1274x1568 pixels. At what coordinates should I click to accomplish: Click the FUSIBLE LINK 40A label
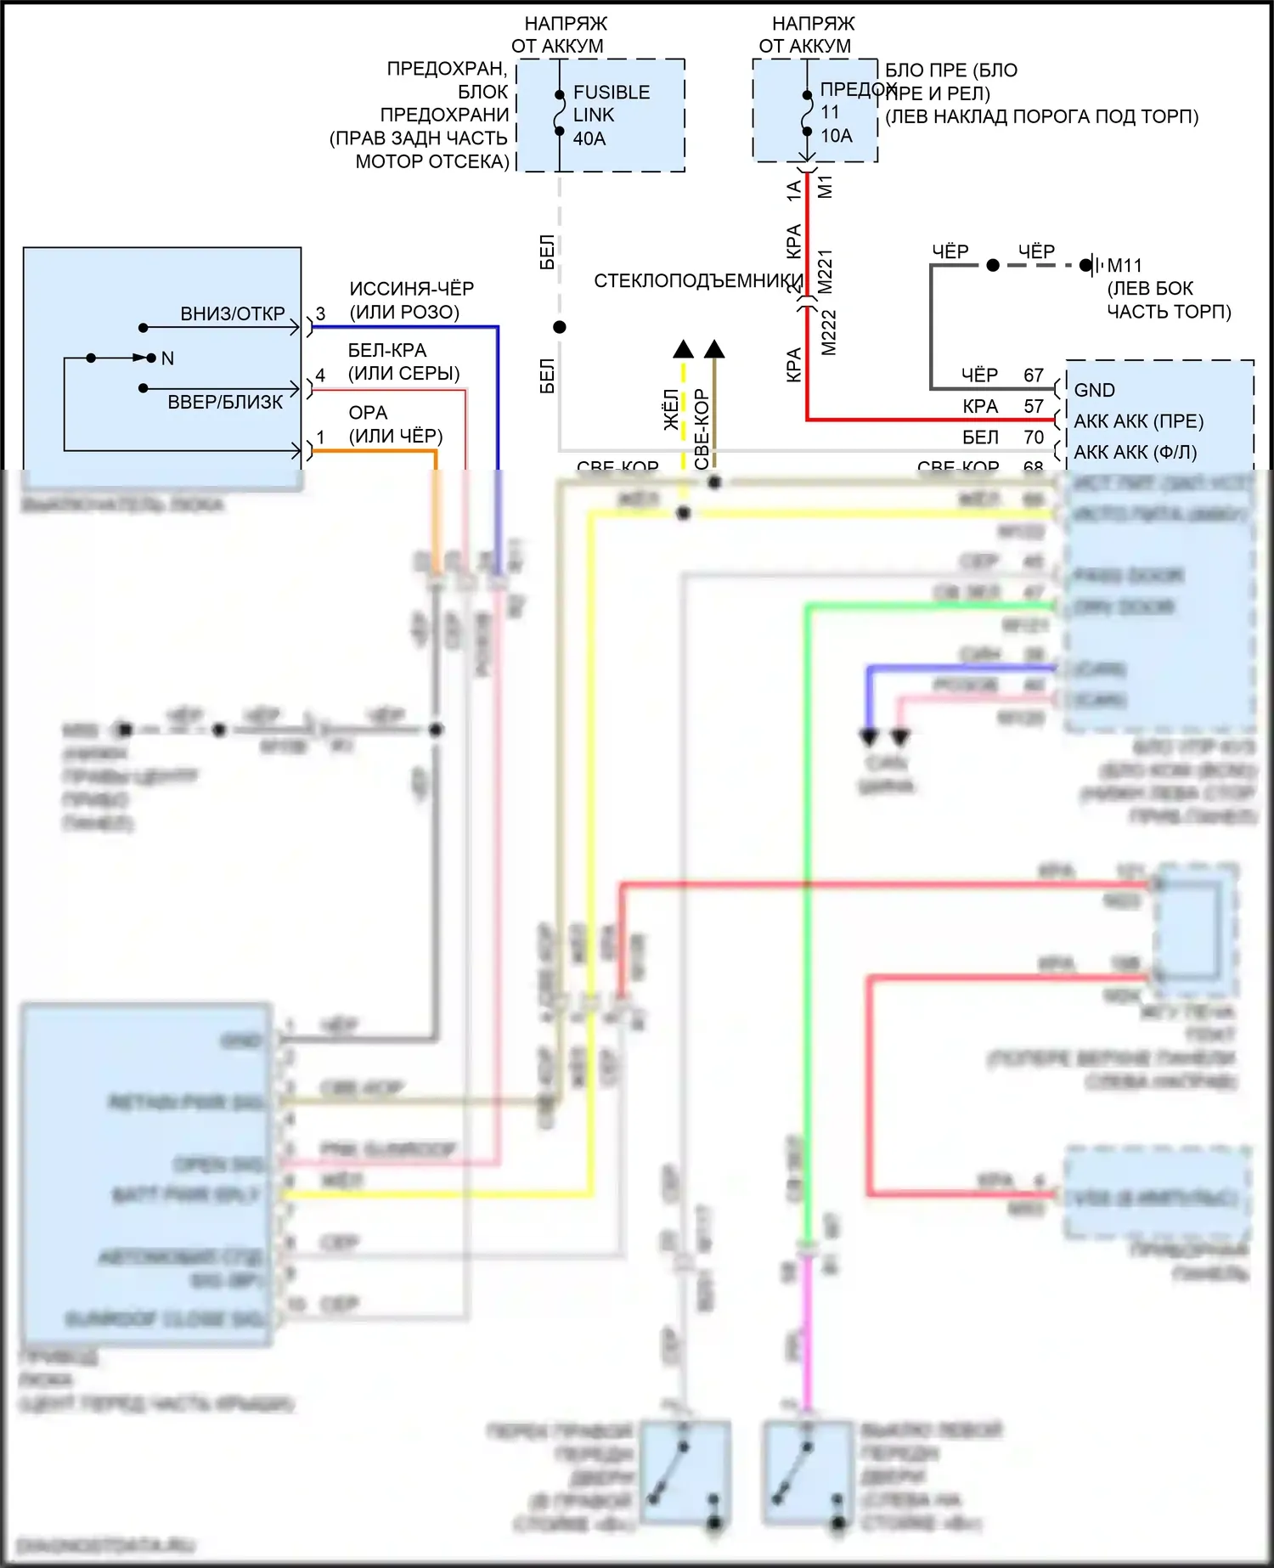pos(611,116)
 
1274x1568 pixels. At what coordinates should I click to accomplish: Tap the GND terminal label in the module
pos(1094,390)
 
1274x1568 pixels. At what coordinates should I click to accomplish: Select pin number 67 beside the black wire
pos(1033,375)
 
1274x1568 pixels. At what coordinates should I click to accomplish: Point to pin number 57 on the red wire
pos(1033,406)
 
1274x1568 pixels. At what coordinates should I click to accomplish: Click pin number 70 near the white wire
pos(1033,437)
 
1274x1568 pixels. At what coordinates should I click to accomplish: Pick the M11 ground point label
pos(1125,266)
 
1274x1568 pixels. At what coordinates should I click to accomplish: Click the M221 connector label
pos(826,271)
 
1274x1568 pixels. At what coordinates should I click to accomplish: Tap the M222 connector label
pos(829,332)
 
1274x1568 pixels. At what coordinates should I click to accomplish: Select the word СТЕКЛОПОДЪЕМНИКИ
pos(698,281)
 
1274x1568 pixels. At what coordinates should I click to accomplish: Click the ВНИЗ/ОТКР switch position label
pos(232,314)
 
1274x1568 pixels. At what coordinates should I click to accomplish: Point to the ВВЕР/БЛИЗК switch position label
pos(225,402)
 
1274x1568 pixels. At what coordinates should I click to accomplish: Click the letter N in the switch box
pos(167,358)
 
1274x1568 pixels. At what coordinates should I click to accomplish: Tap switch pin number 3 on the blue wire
pos(320,314)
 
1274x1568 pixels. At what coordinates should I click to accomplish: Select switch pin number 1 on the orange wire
pos(320,437)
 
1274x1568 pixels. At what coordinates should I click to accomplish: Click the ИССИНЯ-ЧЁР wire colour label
pos(411,289)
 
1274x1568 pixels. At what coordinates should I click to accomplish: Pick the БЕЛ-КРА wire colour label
pos(386,351)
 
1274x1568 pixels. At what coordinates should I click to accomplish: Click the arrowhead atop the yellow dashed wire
pos(683,349)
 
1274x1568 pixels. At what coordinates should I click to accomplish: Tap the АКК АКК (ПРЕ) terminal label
pos(1138,421)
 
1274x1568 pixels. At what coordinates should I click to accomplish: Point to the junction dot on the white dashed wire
pos(559,327)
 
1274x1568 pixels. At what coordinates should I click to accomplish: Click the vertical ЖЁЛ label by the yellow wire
pos(671,409)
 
